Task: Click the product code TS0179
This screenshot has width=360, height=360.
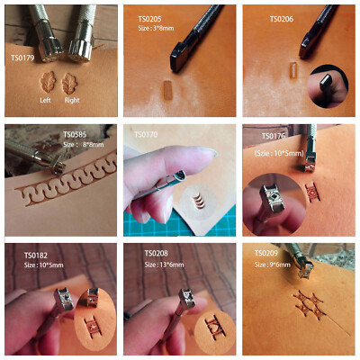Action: coord(22,61)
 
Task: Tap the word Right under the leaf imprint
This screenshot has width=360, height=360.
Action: coord(71,102)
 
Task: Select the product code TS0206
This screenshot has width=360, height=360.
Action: coord(283,17)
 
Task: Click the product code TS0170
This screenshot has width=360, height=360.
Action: coord(145,135)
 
